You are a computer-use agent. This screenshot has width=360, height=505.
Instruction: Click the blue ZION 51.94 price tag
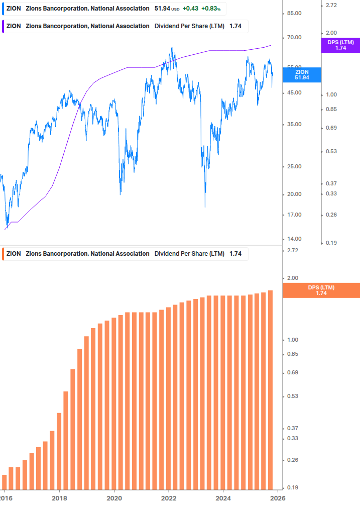(x=302, y=75)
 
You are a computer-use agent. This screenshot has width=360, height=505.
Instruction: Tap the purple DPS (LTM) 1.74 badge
(x=340, y=45)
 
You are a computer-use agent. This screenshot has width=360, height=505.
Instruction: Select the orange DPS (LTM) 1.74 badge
(x=321, y=290)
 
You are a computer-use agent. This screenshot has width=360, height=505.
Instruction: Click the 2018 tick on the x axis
(x=59, y=497)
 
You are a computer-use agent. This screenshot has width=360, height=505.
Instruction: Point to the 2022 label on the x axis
(x=169, y=497)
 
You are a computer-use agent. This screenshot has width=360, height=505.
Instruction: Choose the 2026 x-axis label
(x=278, y=497)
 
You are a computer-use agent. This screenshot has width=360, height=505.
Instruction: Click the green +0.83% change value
(x=211, y=9)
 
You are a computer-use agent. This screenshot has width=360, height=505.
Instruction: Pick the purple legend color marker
(x=4, y=26)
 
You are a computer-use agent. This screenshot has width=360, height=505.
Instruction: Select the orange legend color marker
(x=4, y=254)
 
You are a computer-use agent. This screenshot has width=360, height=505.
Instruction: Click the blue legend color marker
(x=4, y=9)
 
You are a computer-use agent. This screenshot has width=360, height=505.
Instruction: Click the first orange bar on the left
(x=5, y=482)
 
